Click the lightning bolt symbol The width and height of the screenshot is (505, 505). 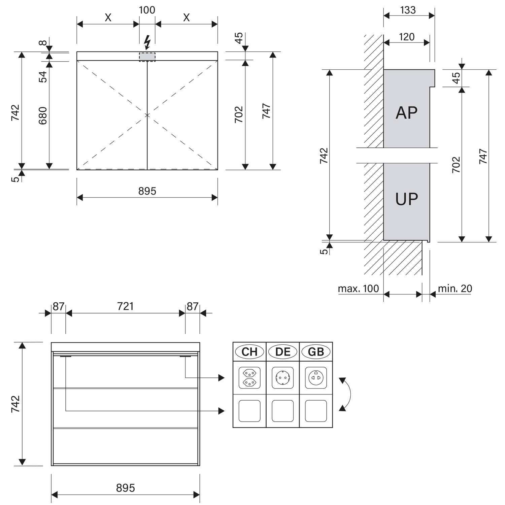click(147, 42)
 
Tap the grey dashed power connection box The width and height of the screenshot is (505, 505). click(147, 57)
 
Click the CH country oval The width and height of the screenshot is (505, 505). click(249, 352)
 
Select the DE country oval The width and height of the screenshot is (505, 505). click(283, 352)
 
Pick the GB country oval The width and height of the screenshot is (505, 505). click(316, 352)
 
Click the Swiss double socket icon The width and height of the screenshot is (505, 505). click(249, 378)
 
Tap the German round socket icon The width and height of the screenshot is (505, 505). click(283, 378)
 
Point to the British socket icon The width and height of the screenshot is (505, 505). click(316, 378)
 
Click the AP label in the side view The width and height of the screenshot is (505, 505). click(407, 112)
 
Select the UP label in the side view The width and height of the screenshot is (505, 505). click(407, 199)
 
